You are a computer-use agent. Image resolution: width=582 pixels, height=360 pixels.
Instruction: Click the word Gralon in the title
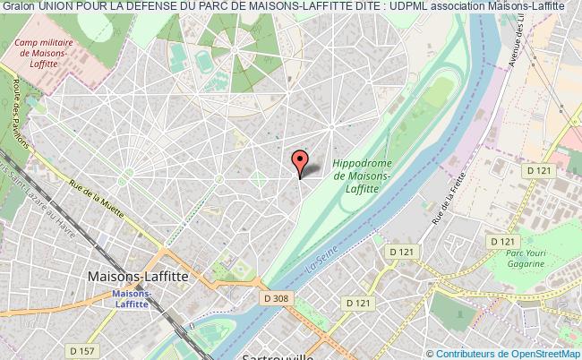tap(18, 6)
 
